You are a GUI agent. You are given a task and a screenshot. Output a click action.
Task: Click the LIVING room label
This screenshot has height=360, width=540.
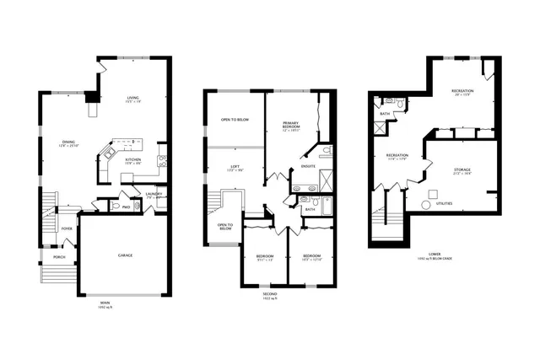pos(132,98)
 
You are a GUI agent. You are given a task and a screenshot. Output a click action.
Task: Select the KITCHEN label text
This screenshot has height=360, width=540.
pos(133,159)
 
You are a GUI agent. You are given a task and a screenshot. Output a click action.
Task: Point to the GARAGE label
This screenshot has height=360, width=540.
pos(124,255)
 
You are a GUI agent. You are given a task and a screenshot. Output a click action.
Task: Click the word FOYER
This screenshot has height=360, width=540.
pos(66,228)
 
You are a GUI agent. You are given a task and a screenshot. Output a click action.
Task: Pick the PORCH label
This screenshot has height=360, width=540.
pos(59,257)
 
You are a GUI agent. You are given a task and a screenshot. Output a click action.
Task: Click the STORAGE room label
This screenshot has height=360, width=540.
pos(462,169)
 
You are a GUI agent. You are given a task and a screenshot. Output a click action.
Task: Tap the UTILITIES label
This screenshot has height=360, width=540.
pos(444,203)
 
